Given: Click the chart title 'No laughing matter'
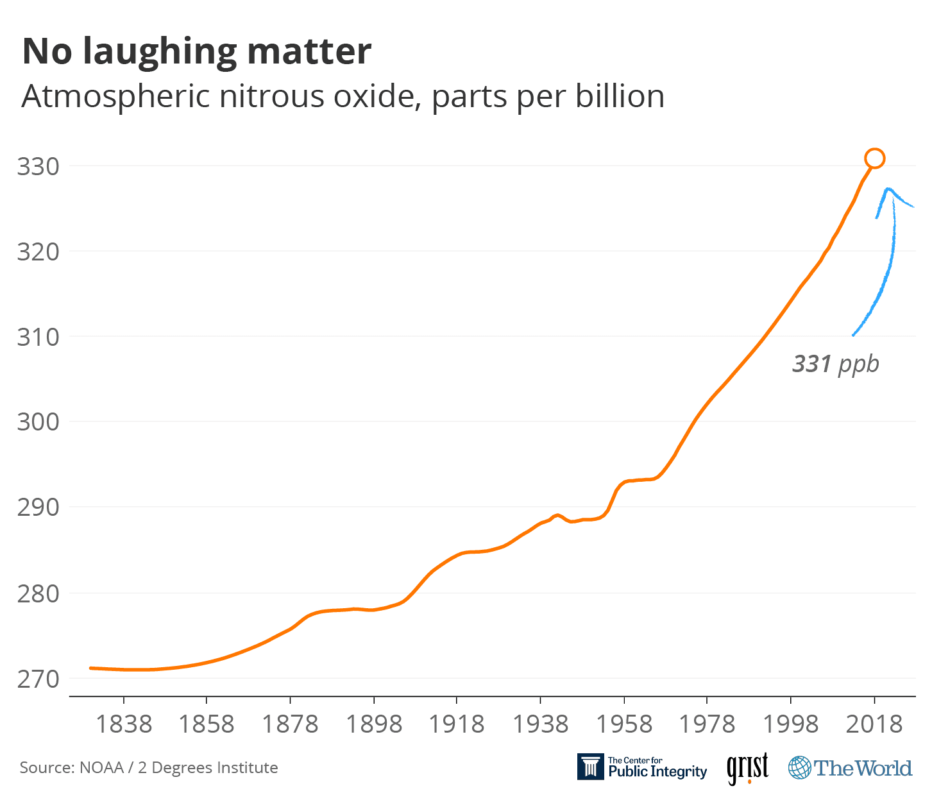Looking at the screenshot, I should [196, 52].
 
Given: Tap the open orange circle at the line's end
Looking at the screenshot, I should [874, 158].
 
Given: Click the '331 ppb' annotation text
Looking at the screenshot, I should [835, 364].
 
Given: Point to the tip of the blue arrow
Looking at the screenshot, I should [888, 189].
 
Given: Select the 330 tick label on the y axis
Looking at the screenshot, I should [38, 167].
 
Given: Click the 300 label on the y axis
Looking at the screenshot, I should [38, 422].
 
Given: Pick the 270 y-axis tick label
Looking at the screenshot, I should [38, 679].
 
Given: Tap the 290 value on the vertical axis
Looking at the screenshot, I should [38, 507].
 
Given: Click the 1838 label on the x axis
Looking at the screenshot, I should [124, 724].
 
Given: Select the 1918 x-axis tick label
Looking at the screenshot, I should [457, 724].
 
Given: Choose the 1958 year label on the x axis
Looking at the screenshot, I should [623, 724].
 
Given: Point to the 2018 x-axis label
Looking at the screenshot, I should [874, 724].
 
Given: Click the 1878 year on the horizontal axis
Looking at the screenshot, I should [290, 724].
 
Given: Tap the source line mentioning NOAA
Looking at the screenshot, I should [149, 768].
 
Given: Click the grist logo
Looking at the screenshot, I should [747, 768].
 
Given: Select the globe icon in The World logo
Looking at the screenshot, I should [799, 768].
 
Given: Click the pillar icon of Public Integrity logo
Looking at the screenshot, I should [590, 767].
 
